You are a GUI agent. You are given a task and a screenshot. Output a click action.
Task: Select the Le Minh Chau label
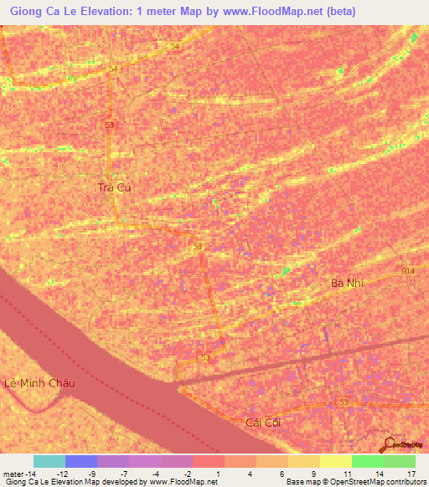coord(39,382)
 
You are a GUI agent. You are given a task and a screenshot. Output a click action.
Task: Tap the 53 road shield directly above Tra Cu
coord(111,124)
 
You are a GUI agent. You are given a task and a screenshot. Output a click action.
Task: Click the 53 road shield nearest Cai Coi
coord(344,403)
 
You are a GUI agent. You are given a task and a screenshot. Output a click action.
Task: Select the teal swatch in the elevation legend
coord(49,461)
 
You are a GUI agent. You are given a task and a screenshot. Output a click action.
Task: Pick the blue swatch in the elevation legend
coord(81,461)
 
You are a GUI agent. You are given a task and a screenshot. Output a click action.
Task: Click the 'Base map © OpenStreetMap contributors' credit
coord(354,482)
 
